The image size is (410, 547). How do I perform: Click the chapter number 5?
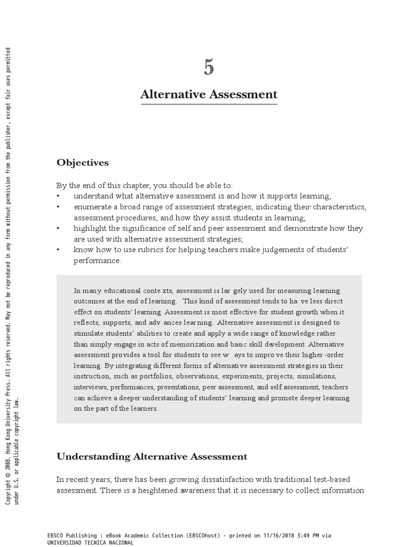pos(209,67)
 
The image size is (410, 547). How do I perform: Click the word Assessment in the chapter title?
pos(243,95)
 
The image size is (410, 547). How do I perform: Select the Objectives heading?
pos(83,162)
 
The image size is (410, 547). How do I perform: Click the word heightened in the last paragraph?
pos(157,490)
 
